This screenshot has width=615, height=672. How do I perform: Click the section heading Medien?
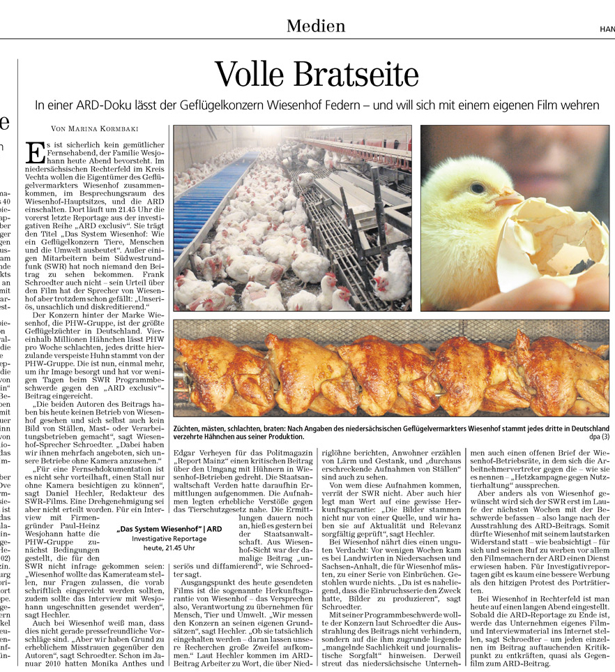pos(315,27)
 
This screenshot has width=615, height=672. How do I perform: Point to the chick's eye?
pos(477,188)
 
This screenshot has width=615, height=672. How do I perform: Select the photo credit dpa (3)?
pos(597,437)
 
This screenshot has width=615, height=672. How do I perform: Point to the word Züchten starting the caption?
pos(190,427)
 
